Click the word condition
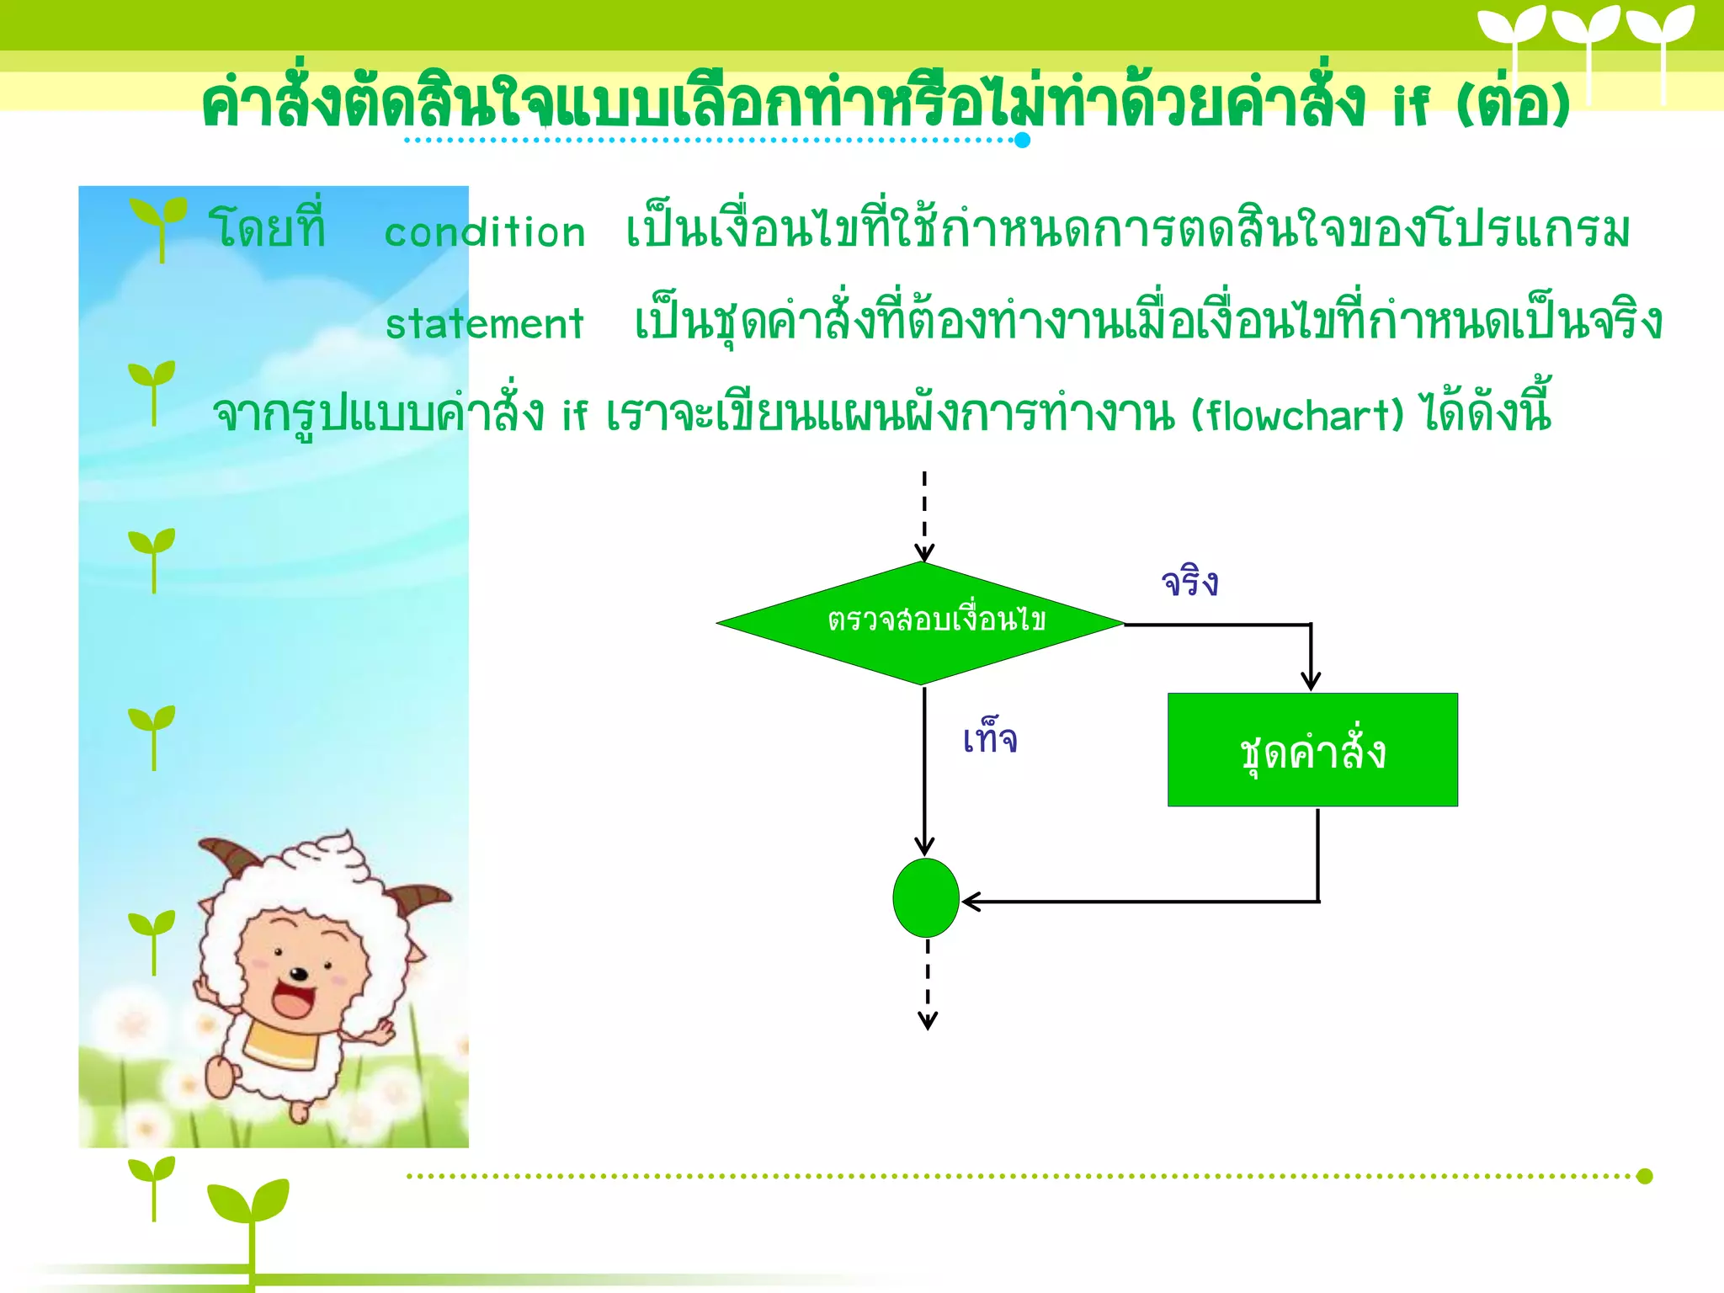point(484,232)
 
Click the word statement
point(484,324)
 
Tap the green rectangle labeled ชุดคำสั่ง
point(1312,749)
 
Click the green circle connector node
point(925,897)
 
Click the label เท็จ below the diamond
point(990,739)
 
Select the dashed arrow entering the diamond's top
point(924,513)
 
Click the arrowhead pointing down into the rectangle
point(1311,680)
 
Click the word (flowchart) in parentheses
point(1297,415)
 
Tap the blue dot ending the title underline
point(1022,140)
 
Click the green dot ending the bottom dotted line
point(1644,1176)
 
